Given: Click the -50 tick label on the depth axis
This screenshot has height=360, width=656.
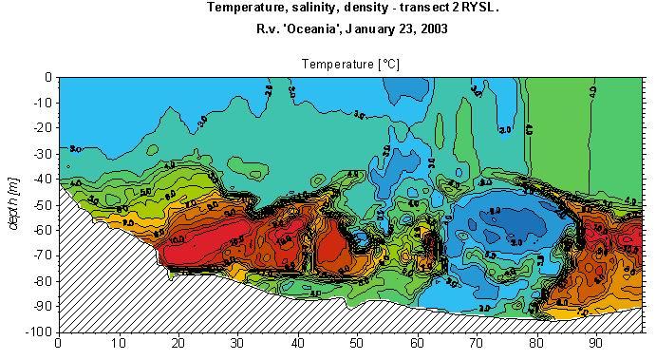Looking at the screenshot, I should click(42, 205).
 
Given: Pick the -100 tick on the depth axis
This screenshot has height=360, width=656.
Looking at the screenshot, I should click(39, 332).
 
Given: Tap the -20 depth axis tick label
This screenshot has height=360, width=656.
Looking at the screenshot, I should click(42, 129).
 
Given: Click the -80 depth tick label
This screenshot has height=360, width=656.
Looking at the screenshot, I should click(42, 281).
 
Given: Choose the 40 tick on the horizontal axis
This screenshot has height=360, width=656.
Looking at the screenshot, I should click(297, 344).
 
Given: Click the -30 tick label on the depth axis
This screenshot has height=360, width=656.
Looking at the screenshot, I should click(42, 155).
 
